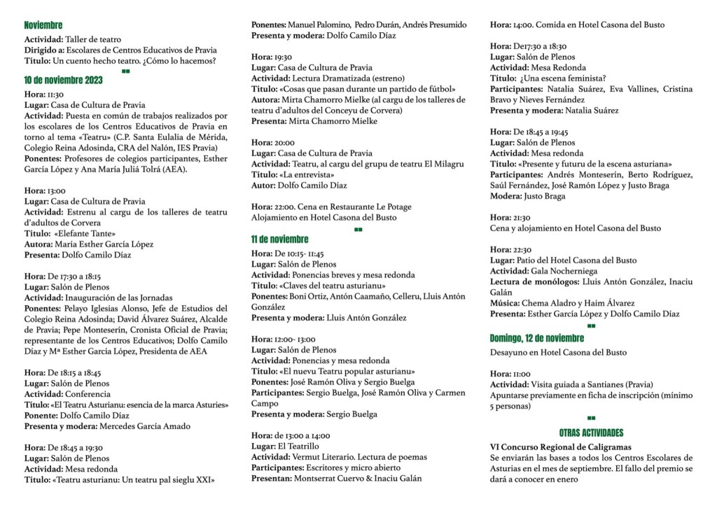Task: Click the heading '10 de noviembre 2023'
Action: coord(63,80)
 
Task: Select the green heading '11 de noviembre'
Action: coord(279,239)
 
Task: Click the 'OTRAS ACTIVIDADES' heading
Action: coord(591,433)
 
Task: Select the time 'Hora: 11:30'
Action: coord(44,94)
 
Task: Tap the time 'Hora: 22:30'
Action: coord(510,249)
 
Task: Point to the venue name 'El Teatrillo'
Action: coord(298,446)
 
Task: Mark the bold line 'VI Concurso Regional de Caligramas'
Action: coord(560,447)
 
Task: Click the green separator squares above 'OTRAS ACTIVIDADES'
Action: coord(591,418)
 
